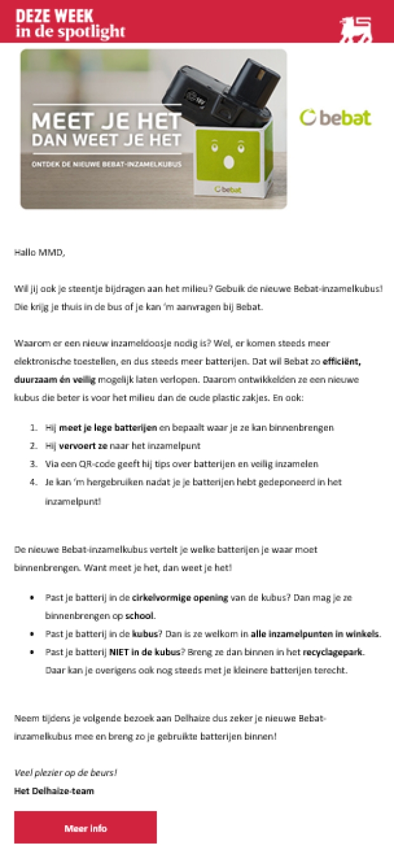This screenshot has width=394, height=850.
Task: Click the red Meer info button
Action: [x=85, y=828]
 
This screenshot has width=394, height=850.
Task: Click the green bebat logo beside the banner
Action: [x=336, y=118]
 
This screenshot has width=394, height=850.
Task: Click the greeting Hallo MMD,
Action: [x=39, y=253]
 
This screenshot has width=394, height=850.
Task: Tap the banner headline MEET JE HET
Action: [x=107, y=120]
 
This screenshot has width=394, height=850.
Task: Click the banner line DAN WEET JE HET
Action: [x=107, y=139]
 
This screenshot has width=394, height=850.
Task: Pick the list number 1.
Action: [x=33, y=428]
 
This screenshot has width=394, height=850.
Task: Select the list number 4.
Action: [x=33, y=482]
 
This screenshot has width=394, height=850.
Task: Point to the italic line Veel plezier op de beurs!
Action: [x=65, y=773]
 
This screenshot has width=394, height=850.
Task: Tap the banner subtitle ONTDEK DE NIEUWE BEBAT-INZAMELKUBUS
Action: [x=107, y=164]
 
